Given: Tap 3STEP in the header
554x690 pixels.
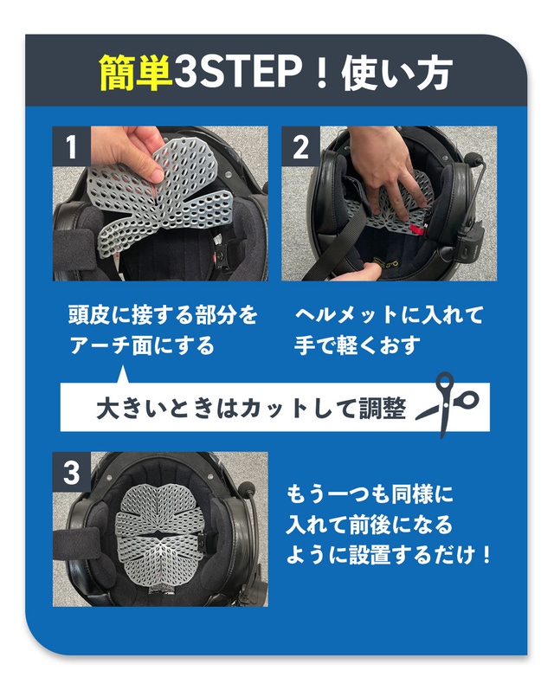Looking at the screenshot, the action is [x=239, y=72].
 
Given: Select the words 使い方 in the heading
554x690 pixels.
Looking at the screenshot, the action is [x=397, y=73].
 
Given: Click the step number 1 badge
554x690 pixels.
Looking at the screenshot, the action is [x=71, y=146].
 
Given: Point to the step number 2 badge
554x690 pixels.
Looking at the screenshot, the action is [x=300, y=146].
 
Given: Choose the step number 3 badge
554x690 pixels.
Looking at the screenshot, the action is [x=71, y=472].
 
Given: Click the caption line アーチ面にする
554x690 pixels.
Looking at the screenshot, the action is [x=142, y=345].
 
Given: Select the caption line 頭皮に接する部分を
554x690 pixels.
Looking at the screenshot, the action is [x=163, y=315].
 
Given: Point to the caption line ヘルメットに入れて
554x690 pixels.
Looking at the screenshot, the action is [x=389, y=315].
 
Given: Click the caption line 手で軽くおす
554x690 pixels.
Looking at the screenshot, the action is [x=358, y=345].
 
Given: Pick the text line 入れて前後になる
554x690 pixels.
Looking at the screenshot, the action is [x=370, y=524].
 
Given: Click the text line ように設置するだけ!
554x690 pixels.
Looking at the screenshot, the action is [x=389, y=554].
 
